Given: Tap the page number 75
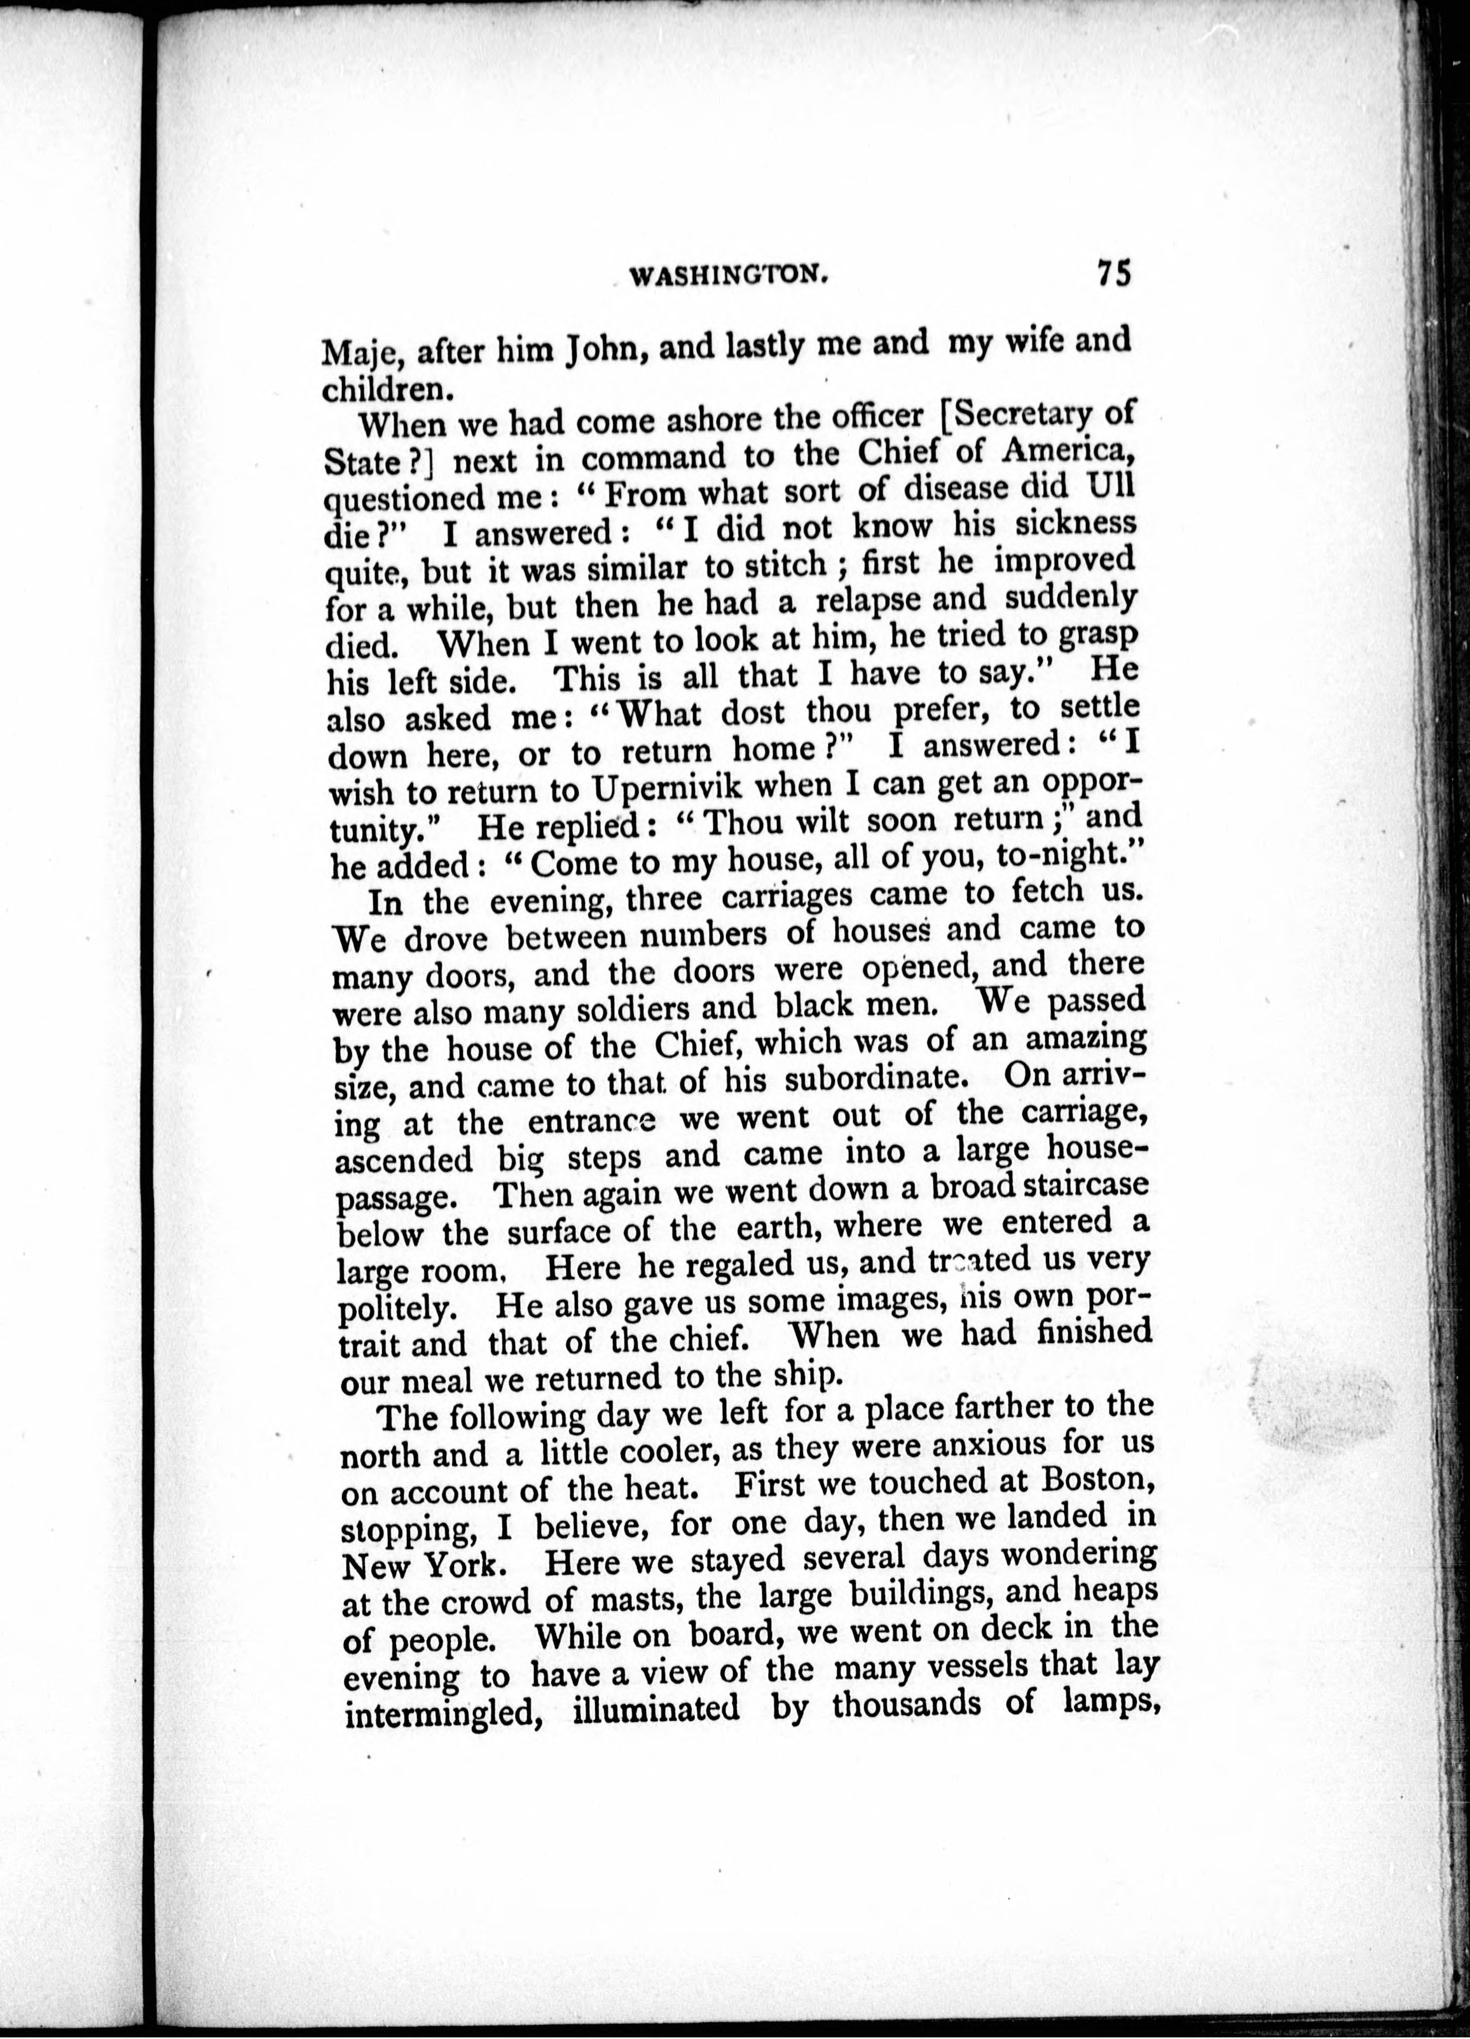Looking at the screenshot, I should point(1112,273).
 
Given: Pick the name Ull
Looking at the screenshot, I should point(1110,486).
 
